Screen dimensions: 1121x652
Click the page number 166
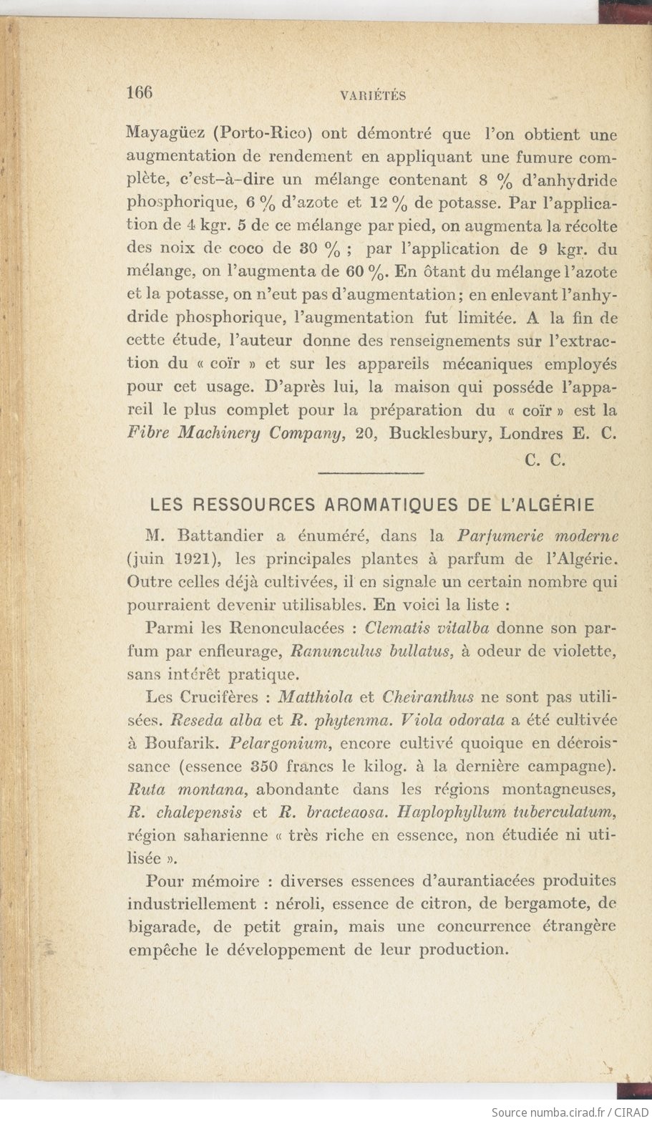coord(140,93)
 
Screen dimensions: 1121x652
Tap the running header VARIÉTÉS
coord(373,96)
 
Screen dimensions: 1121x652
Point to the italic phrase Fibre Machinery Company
coord(235,434)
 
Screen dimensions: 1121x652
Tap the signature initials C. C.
coord(545,461)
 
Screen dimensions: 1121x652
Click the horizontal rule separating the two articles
coord(370,472)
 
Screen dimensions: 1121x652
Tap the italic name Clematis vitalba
coord(427,628)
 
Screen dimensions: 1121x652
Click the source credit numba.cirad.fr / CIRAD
coord(570,1112)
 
